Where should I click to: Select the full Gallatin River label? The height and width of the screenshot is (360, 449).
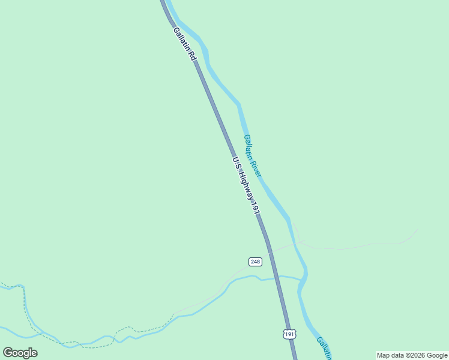tap(253, 155)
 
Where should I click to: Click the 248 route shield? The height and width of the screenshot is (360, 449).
tap(255, 262)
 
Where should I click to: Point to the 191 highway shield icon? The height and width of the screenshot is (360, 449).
tap(290, 333)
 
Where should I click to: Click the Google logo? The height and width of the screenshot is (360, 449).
tap(20, 352)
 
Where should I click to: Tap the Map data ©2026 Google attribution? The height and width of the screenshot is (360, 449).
tap(412, 355)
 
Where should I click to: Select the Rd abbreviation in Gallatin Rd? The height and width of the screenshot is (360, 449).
tap(191, 55)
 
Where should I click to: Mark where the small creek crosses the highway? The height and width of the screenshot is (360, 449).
tap(277, 277)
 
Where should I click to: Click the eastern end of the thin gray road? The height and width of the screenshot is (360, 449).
tap(416, 230)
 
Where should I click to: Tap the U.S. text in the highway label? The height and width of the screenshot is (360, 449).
tap(235, 162)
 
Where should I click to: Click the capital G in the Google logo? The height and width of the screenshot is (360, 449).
tap(8, 352)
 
